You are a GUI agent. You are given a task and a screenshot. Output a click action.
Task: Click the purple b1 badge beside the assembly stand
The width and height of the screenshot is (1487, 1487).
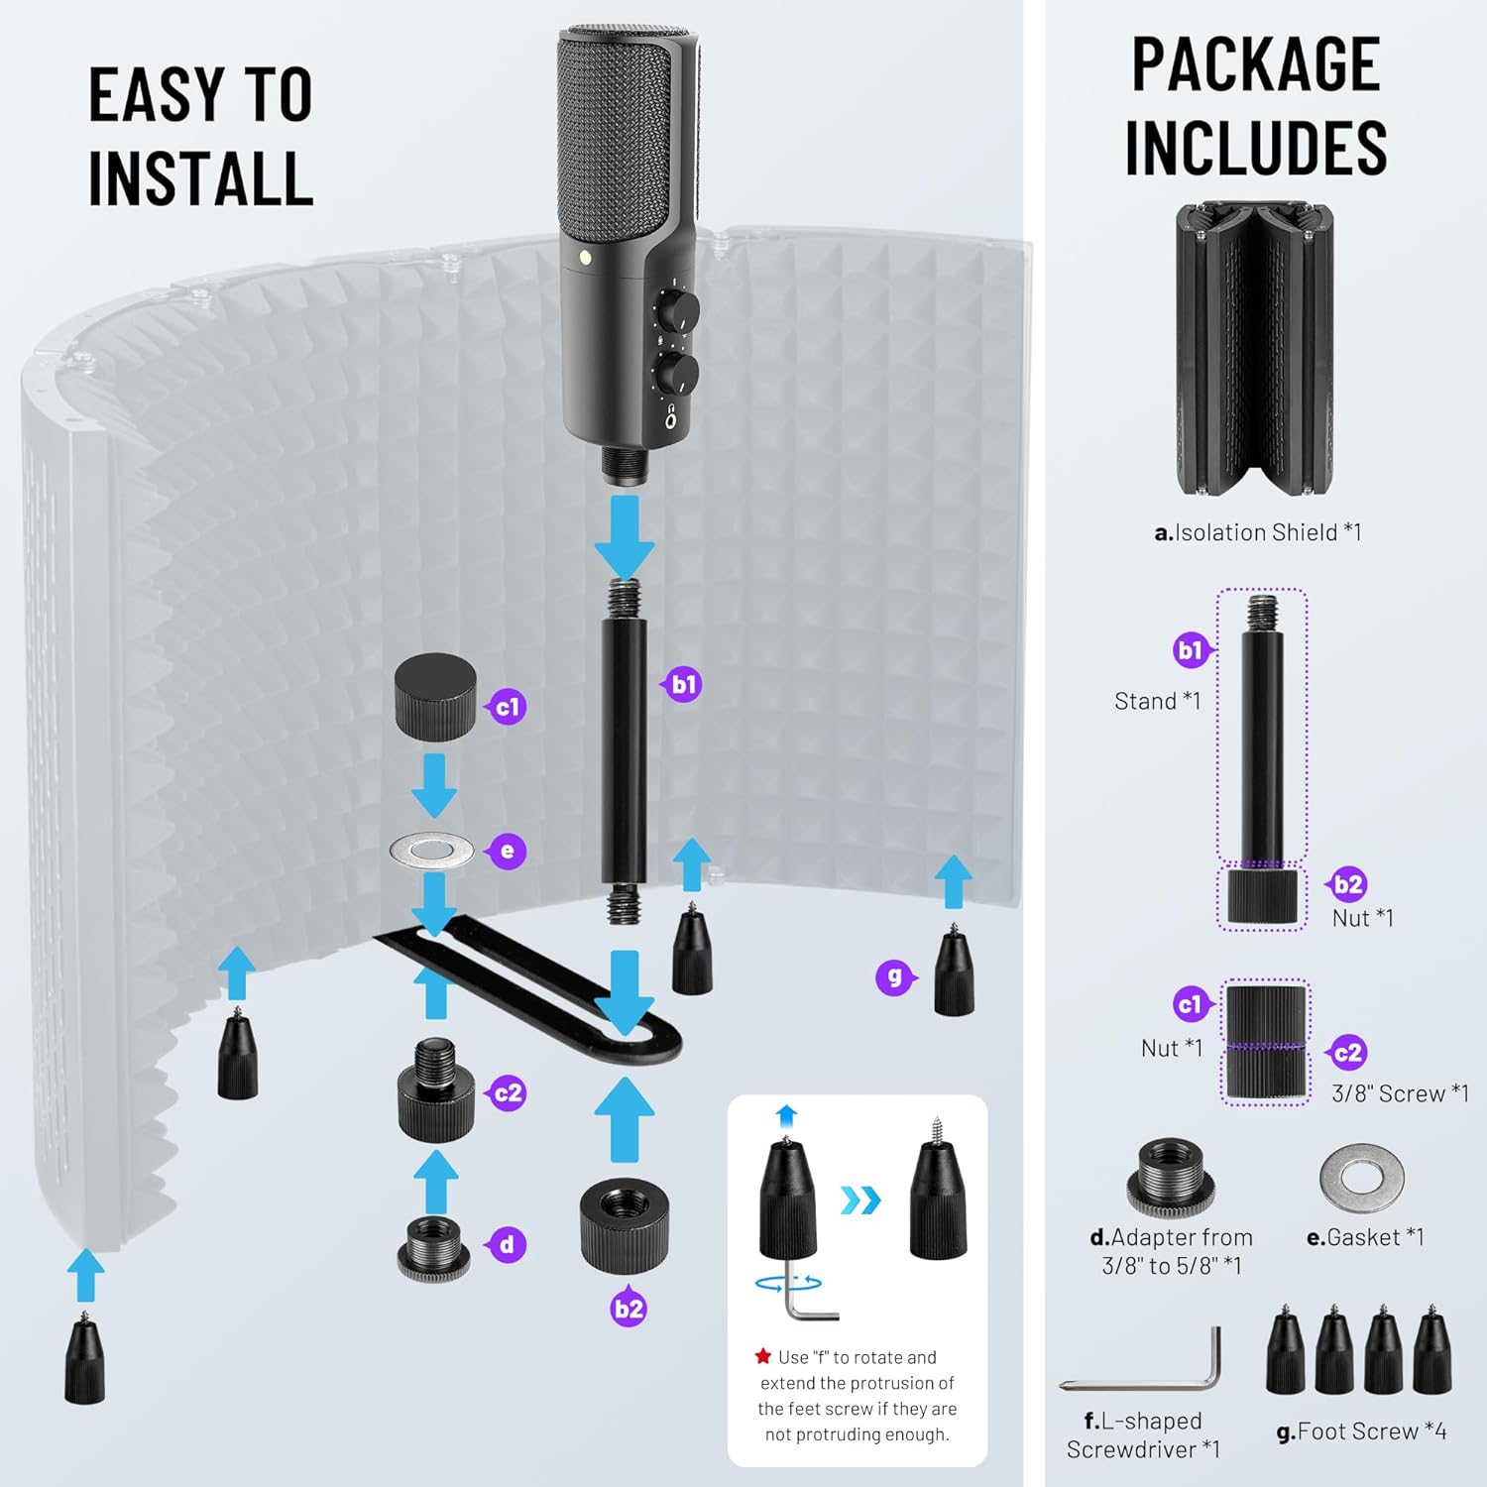pos(684,684)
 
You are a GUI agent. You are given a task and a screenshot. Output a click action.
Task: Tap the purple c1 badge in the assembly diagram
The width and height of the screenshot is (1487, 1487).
pos(507,707)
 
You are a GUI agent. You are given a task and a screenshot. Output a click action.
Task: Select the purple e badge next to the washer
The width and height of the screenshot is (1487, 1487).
pos(508,851)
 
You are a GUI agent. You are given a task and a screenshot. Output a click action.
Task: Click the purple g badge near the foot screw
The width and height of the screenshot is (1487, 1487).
pos(894,977)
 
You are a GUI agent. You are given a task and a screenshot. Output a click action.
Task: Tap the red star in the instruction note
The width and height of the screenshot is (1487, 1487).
pos(762,1356)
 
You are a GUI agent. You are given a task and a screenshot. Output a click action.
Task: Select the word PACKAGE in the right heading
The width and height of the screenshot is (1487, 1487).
pos(1256,65)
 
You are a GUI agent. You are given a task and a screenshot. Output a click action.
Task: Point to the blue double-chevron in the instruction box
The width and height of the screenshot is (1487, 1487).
pos(859,1201)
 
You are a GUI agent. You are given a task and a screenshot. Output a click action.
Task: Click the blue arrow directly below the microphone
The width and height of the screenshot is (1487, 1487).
pos(624,535)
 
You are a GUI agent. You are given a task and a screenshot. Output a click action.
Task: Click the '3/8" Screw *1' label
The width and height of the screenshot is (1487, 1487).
pos(1400,1093)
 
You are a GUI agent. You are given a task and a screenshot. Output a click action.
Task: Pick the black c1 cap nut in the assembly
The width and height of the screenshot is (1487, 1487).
pos(435,697)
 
